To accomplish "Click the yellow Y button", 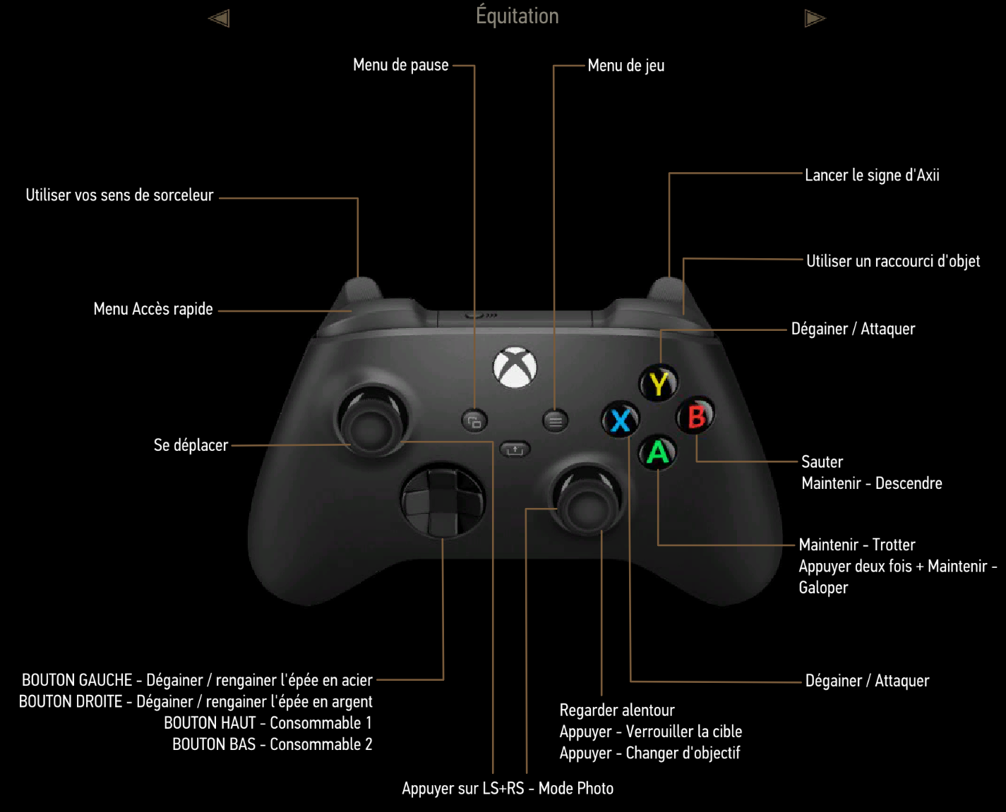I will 659,384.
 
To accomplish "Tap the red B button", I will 696,416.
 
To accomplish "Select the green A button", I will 658,452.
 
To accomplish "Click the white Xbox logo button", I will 515,368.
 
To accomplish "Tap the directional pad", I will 443,502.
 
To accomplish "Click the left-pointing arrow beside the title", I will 219,18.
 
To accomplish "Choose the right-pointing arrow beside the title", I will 815,18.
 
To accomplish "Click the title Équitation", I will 517,16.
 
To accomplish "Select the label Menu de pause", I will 400,65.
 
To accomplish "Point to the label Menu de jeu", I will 625,66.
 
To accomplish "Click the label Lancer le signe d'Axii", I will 872,175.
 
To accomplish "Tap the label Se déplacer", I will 191,445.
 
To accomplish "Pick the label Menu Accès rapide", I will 153,309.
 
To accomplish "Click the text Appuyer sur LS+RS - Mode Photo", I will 508,788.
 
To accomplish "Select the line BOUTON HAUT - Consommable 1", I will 268,723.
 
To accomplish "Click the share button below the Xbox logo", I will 515,449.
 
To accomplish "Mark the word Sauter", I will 822,462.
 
